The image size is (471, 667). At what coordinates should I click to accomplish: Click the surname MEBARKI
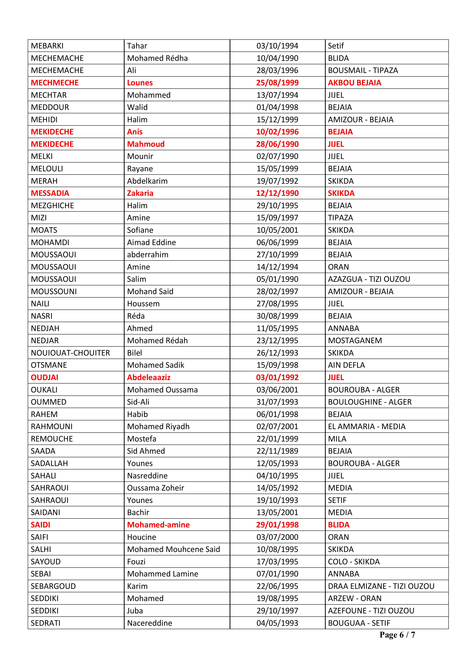pyautogui.click(x=47, y=46)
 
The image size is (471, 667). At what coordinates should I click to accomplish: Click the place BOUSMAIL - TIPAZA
pyautogui.click(x=363, y=70)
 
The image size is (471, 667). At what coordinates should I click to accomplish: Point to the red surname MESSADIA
pyautogui.click(x=50, y=193)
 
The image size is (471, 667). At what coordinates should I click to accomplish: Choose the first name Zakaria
pyautogui.click(x=140, y=193)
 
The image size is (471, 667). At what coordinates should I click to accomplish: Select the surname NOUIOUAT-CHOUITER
pyautogui.click(x=70, y=353)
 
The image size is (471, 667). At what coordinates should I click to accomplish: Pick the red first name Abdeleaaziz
pyautogui.click(x=149, y=377)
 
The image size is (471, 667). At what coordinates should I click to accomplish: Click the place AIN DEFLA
pyautogui.click(x=346, y=365)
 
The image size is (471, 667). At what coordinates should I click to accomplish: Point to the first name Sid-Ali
pyautogui.click(x=138, y=402)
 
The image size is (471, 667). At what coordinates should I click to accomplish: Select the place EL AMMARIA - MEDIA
pyautogui.click(x=367, y=426)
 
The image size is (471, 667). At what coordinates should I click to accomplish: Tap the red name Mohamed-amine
pyautogui.click(x=158, y=525)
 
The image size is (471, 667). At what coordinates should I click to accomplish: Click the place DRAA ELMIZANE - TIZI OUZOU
pyautogui.click(x=381, y=586)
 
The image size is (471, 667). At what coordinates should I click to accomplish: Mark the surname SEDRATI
pyautogui.click(x=46, y=623)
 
